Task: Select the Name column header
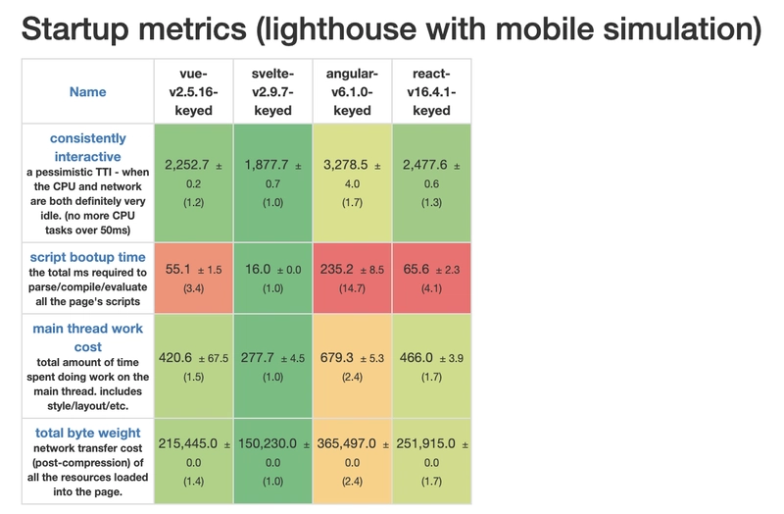[88, 92]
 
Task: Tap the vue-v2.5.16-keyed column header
[192, 92]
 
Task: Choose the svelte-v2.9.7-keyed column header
[272, 92]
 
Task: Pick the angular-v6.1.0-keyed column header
[352, 92]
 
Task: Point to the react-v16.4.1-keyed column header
[431, 92]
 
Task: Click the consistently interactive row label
[88, 146]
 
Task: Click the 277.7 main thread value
[263, 358]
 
